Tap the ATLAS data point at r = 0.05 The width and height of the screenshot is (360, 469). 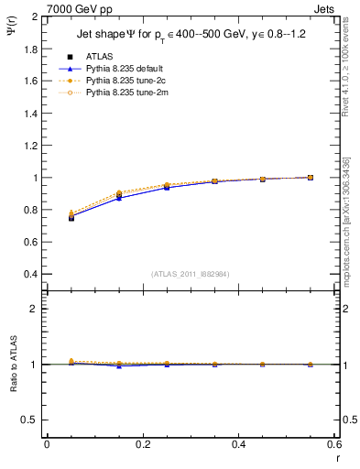71,217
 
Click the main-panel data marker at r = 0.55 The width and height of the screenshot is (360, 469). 311,178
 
